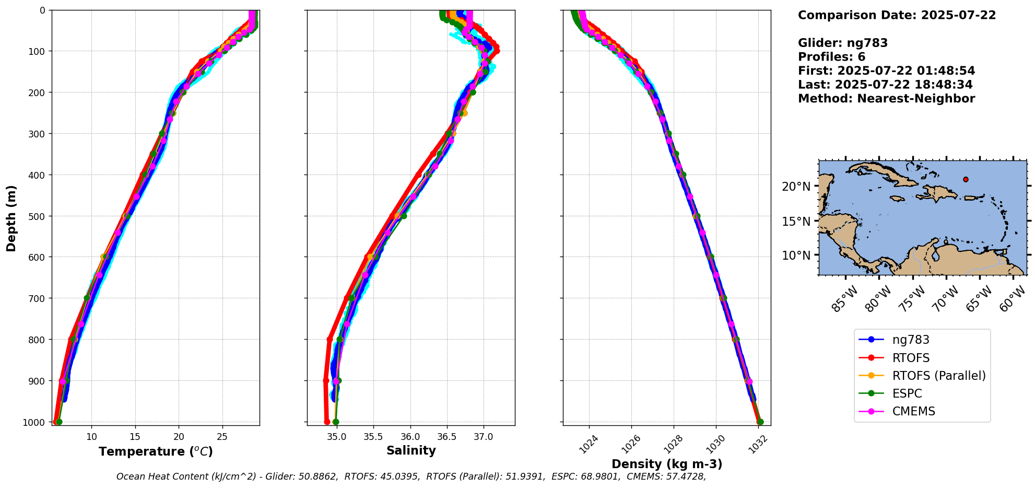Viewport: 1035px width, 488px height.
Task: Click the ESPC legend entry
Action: (x=907, y=393)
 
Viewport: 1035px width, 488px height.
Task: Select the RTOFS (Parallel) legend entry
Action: (x=938, y=376)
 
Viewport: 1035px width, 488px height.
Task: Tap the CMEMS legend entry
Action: (x=913, y=411)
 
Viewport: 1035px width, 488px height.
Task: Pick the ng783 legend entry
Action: (x=910, y=340)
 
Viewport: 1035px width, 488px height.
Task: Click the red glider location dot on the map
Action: (x=966, y=179)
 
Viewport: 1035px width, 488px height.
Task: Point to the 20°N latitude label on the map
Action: (x=796, y=187)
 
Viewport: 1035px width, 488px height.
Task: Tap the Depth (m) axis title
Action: (x=11, y=218)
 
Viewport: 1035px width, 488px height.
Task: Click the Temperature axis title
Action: (x=156, y=451)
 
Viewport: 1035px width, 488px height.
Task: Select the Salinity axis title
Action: (x=411, y=450)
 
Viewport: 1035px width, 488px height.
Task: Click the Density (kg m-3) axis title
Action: (x=667, y=464)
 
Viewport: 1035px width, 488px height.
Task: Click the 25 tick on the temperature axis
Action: (x=222, y=437)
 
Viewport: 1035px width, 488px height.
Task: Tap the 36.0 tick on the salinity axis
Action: (x=410, y=437)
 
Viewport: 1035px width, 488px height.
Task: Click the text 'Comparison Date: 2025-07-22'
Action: (x=897, y=15)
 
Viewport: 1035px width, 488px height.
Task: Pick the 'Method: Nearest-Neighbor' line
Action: (x=886, y=98)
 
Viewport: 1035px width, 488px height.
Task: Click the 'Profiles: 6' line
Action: (x=831, y=57)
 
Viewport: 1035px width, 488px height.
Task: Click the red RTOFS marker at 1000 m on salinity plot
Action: (x=327, y=422)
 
